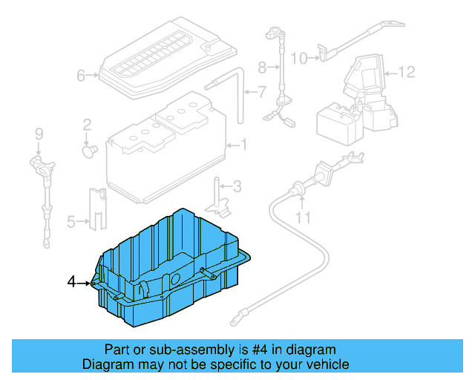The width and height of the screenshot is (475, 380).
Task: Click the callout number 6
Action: [x=81, y=75]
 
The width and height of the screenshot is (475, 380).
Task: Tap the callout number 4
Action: [x=71, y=281]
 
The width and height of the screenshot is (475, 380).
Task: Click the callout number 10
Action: [x=298, y=58]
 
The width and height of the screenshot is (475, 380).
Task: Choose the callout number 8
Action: [x=261, y=68]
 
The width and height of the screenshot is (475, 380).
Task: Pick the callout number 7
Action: [x=261, y=93]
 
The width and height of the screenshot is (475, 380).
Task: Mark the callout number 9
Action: [x=39, y=134]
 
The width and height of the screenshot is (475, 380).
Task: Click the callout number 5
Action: [x=71, y=220]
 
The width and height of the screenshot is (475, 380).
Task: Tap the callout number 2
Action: [x=87, y=124]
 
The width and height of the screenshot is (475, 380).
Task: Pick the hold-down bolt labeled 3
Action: [x=218, y=194]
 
